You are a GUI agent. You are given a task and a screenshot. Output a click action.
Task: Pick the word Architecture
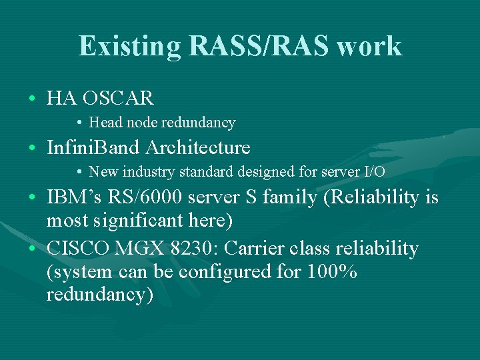coord(199,147)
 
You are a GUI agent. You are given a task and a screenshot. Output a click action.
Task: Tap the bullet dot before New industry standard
coord(79,172)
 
